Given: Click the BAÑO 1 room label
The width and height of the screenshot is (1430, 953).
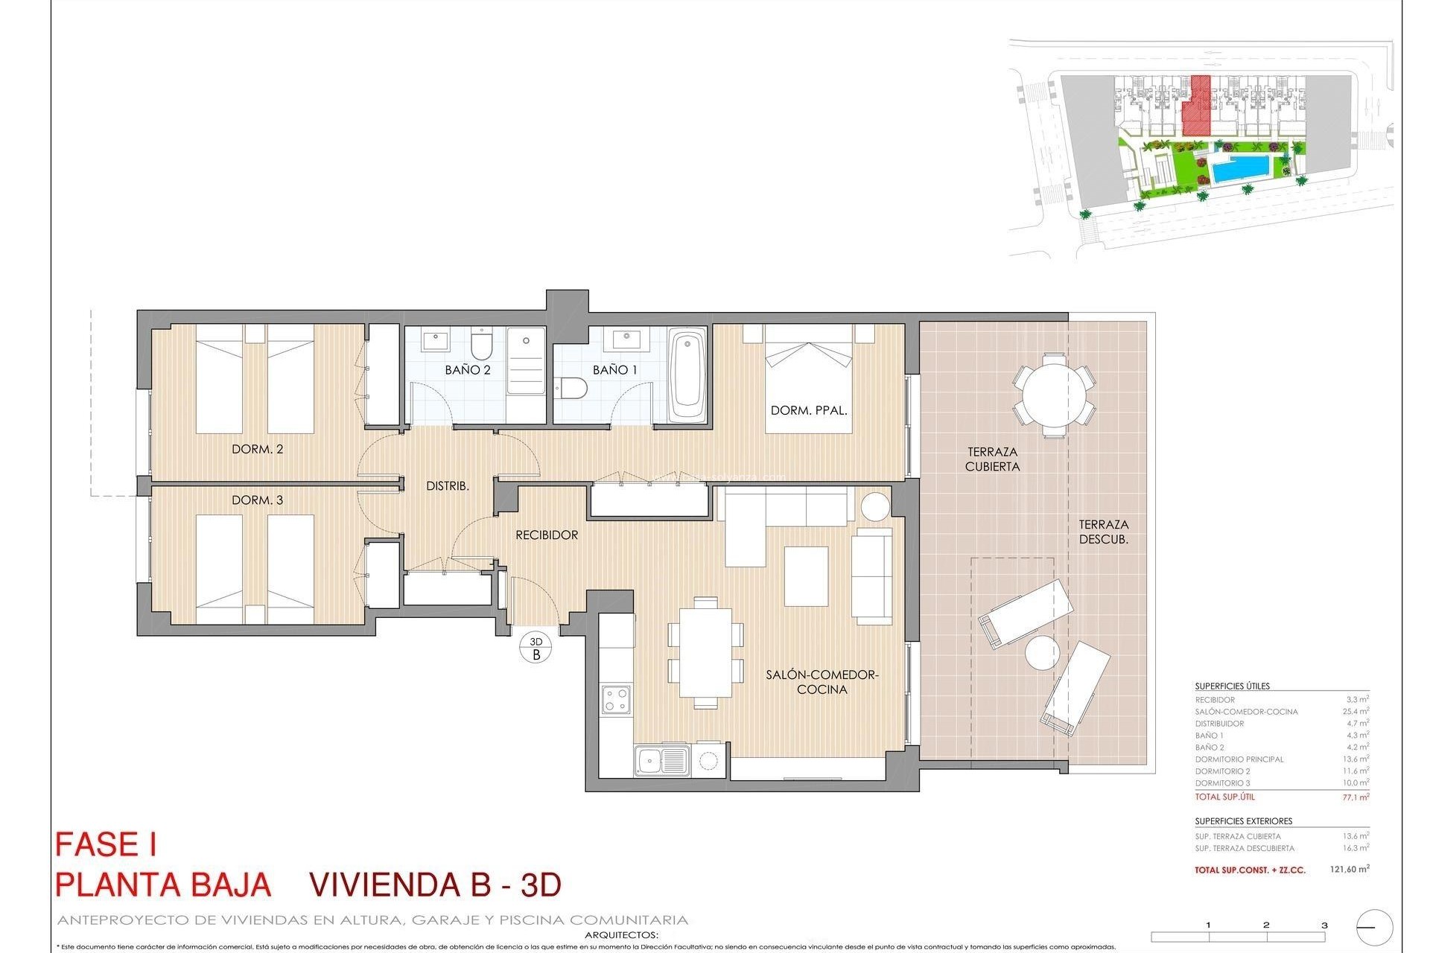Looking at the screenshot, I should pyautogui.click(x=614, y=369).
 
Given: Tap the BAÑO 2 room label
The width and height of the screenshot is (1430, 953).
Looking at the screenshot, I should pyautogui.click(x=467, y=369).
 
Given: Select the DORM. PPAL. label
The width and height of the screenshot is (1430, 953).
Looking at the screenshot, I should pyautogui.click(x=809, y=410).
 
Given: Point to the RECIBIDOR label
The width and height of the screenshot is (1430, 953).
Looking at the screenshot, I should pyautogui.click(x=547, y=535).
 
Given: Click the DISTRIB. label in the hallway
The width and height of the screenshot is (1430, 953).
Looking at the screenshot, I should pyautogui.click(x=447, y=486).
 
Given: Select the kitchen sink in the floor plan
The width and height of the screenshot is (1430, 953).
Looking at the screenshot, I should pyautogui.click(x=661, y=761).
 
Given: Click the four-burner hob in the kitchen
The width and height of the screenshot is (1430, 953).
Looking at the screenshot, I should pyautogui.click(x=616, y=700).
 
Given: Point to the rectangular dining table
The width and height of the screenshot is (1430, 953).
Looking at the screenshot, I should pyautogui.click(x=705, y=651).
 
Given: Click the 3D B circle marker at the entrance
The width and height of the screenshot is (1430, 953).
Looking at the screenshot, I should pyautogui.click(x=536, y=648).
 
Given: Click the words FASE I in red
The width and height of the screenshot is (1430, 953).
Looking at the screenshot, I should pyautogui.click(x=106, y=846).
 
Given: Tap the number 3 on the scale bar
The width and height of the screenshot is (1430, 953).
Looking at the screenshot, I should pyautogui.click(x=1324, y=925).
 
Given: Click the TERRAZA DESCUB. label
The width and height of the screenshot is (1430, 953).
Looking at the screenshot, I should pyautogui.click(x=1103, y=532).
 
